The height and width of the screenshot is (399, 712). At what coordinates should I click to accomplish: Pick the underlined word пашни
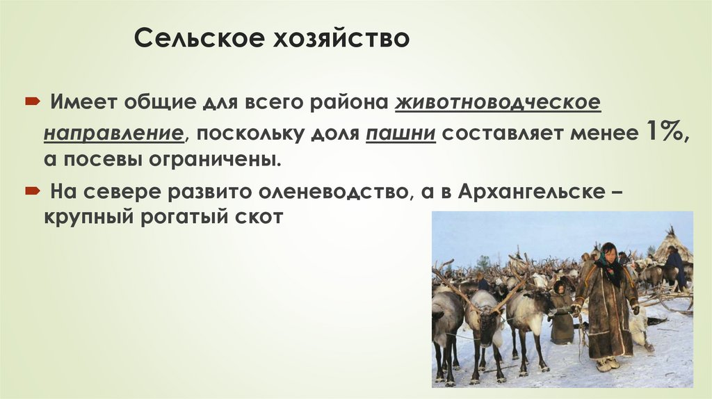tap(400, 133)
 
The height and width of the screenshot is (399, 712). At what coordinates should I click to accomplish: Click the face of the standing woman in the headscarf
tap(609, 253)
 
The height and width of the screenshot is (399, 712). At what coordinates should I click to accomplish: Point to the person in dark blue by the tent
tap(674, 268)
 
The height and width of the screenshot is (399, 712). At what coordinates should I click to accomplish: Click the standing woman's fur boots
tap(607, 364)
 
